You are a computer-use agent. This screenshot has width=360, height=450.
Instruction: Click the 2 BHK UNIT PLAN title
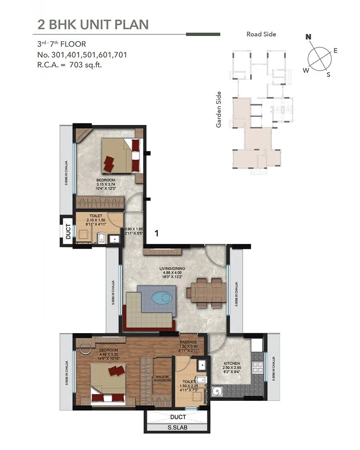93,24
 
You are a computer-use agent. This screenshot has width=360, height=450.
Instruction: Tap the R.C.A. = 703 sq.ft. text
70,64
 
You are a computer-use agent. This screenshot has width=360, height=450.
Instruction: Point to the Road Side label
261,34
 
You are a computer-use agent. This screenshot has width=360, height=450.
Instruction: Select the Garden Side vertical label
218,109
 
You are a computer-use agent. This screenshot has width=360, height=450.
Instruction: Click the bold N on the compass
308,37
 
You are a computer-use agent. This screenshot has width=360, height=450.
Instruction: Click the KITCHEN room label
231,364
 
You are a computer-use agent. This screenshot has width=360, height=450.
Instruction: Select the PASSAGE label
188,342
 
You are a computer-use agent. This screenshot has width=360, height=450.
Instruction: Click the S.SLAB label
178,428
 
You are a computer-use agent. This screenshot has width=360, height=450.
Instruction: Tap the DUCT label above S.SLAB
178,417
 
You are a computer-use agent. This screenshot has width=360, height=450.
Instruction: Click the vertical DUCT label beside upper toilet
68,231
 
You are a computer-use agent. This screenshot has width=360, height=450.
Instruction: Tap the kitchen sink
217,391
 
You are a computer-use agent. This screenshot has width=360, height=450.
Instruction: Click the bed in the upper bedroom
120,156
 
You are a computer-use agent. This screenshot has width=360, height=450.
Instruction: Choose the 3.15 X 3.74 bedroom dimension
106,184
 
